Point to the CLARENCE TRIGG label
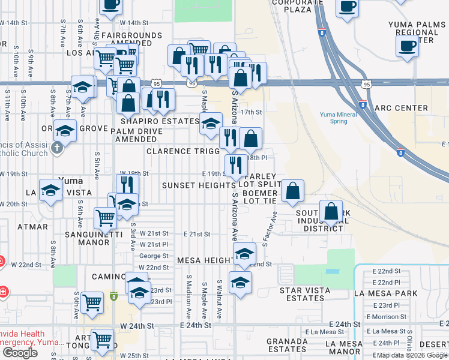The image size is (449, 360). tap(179, 151)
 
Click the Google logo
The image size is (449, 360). tap(20, 353)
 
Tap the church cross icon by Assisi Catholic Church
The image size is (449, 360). tap(58, 148)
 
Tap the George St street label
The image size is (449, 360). tap(154, 256)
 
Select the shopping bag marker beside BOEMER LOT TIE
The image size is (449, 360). tap(292, 193)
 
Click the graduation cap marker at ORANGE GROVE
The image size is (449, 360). tap(65, 131)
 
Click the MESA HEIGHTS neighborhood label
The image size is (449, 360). tap(205, 260)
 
